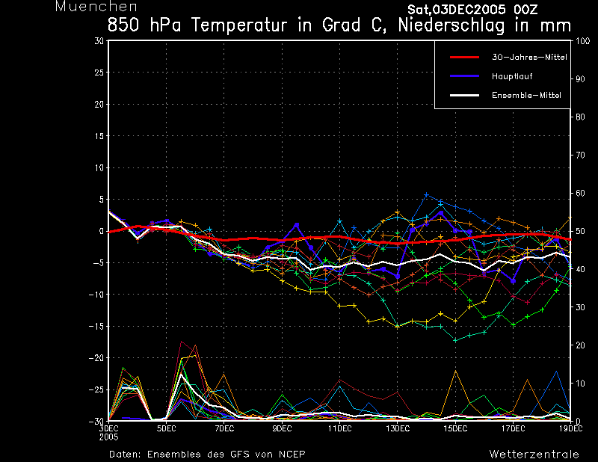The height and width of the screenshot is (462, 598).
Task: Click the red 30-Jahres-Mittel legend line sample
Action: pos(464,58)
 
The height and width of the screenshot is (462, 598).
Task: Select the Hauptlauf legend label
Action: pos(512,76)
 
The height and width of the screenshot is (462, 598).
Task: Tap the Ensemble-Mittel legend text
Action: pos(526,95)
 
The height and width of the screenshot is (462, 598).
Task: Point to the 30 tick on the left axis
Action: pos(99,41)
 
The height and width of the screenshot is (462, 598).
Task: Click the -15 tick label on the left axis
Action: pos(96,326)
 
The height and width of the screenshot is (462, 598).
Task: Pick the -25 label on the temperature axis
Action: pos(96,390)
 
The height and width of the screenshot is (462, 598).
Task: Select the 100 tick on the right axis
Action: pos(582,41)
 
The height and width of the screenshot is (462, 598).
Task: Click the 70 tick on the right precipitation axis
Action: pos(580,155)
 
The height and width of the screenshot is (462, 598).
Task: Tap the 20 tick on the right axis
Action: pos(580,345)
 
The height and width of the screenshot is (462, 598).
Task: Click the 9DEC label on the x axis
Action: pos(282,428)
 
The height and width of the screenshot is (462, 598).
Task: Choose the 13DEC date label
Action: pos(398,428)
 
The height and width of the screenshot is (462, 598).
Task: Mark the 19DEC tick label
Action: pos(571,428)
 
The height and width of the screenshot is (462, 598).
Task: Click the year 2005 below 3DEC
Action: pos(108,437)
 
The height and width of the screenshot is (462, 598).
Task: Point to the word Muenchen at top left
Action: pos(96,7)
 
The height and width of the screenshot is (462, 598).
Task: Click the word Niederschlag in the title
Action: pos(451,25)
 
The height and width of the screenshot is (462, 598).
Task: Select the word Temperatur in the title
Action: pos(239,25)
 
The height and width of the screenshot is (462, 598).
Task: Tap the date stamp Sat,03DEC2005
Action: pos(457,10)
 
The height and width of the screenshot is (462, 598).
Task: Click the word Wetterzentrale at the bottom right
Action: pos(534,455)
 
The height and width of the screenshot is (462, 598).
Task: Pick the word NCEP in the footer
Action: pos(292,455)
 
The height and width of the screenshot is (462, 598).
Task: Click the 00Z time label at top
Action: pos(525,10)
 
